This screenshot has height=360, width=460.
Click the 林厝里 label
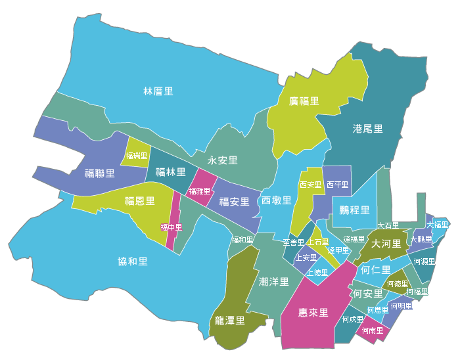(x=158, y=91)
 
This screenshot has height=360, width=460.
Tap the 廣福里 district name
(x=304, y=101)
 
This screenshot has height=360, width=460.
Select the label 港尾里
(x=367, y=129)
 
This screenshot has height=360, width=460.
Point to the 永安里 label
(x=223, y=160)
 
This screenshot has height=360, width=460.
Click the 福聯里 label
(x=100, y=174)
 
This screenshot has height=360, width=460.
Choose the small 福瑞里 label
(x=137, y=156)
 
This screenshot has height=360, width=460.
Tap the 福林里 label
(x=170, y=172)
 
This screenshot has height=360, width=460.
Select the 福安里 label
(x=235, y=202)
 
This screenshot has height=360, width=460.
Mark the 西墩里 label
(x=276, y=200)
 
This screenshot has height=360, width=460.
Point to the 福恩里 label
(x=140, y=201)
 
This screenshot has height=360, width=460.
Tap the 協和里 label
(x=133, y=261)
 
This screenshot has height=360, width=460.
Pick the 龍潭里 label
(x=230, y=321)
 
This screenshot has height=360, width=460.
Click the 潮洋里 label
(x=274, y=282)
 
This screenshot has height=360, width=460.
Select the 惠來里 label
(x=313, y=312)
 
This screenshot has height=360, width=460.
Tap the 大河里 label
(x=386, y=244)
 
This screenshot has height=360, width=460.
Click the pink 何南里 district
(x=372, y=330)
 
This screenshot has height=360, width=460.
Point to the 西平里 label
(x=338, y=185)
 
